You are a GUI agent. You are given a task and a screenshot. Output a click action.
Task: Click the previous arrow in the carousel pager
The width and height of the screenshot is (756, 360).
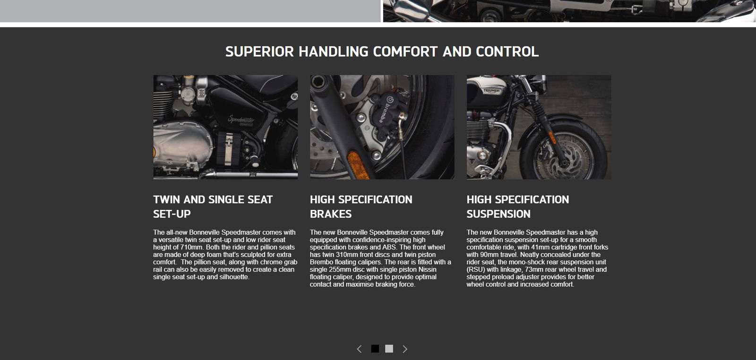click(359, 349)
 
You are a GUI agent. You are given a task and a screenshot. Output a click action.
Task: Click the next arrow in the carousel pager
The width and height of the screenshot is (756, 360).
click(404, 349)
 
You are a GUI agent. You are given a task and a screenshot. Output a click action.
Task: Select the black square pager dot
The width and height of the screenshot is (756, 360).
click(375, 349)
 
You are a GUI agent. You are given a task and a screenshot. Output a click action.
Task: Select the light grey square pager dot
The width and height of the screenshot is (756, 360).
click(389, 349)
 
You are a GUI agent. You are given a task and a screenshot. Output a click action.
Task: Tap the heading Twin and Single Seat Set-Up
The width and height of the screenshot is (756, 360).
click(213, 206)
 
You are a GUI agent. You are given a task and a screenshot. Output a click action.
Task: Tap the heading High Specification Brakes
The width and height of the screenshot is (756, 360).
click(361, 206)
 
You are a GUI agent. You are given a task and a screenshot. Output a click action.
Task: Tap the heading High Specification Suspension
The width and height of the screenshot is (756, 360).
click(518, 206)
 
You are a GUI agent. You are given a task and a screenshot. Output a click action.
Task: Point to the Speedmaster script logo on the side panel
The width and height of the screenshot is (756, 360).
click(241, 120)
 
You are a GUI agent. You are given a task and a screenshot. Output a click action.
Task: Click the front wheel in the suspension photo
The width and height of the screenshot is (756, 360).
click(564, 152)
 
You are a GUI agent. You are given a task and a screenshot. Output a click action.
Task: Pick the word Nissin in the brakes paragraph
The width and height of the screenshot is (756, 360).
click(427, 269)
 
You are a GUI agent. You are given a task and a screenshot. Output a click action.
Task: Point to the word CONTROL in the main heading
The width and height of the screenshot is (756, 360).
click(507, 51)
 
